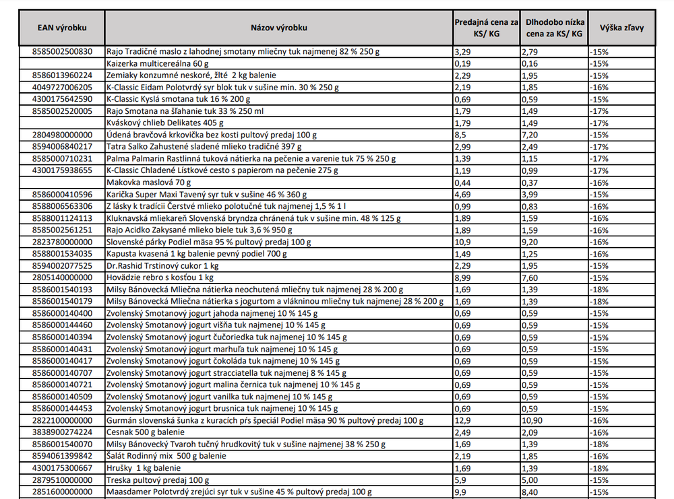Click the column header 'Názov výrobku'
click(x=278, y=28)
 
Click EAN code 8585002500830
click(x=62, y=51)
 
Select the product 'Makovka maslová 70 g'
click(x=148, y=182)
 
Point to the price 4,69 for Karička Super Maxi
click(x=463, y=195)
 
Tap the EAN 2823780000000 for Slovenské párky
click(x=62, y=242)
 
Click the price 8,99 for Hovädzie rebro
click(x=463, y=277)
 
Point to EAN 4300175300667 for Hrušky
click(x=62, y=468)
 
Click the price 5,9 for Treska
click(x=461, y=480)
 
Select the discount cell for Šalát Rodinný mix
click(x=599, y=457)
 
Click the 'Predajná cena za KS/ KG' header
click(x=486, y=28)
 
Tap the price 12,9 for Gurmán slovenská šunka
click(x=463, y=421)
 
